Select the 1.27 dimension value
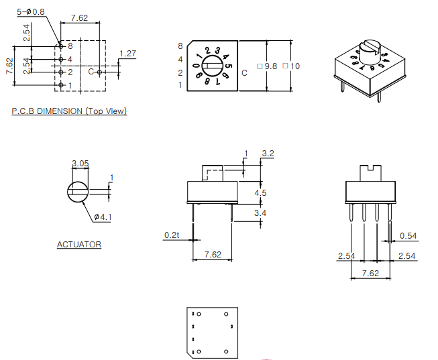tap(128, 54)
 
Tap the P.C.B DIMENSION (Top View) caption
tap(69, 111)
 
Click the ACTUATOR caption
tap(79, 245)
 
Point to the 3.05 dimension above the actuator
tap(79, 164)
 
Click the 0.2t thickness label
tap(172, 235)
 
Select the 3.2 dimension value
tap(268, 154)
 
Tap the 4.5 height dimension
tap(260, 192)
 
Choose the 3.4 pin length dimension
tap(260, 213)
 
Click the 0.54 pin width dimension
tap(408, 235)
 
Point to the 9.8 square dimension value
tap(271, 66)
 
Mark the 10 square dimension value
tap(295, 66)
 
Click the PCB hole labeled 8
tap(60, 46)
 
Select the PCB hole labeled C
tap(99, 72)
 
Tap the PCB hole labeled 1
tap(60, 85)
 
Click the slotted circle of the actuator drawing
tap(78, 192)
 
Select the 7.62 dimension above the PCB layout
tap(79, 18)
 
